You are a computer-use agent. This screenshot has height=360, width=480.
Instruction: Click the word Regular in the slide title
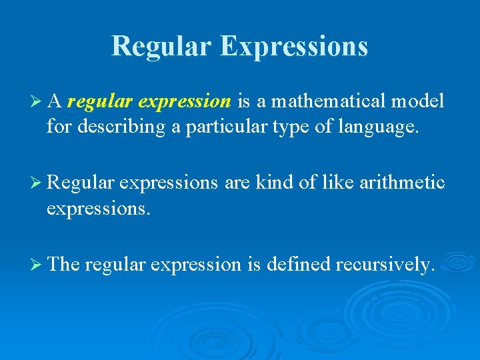(161, 46)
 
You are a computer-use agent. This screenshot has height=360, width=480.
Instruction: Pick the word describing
(123, 127)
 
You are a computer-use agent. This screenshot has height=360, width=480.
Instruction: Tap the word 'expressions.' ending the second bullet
(99, 209)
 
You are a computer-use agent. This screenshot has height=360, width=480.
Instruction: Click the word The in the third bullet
(64, 265)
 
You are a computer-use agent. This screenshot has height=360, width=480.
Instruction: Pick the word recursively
(385, 265)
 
